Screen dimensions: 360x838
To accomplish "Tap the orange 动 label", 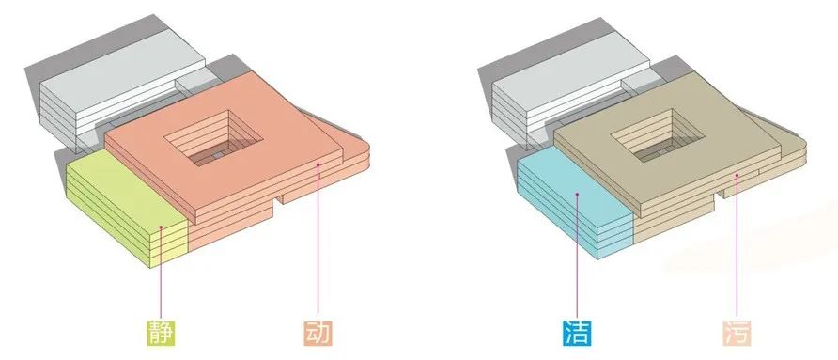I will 319,333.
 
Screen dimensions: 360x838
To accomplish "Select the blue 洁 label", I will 576,333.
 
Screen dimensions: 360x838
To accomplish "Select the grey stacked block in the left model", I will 113,89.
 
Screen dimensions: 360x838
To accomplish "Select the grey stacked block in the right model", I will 554,89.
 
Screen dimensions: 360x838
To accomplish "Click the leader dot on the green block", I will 163,227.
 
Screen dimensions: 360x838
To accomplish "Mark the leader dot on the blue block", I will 576,196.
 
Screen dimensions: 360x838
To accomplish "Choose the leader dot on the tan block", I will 737,176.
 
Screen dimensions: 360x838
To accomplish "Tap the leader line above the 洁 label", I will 576,263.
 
